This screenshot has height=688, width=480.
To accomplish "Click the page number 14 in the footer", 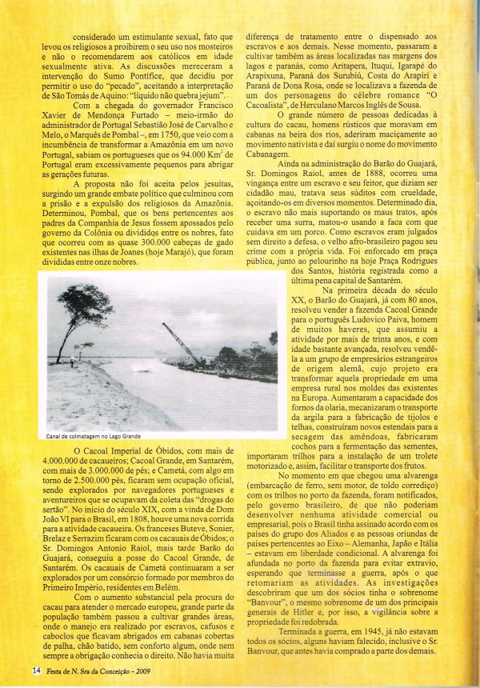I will click(36, 670).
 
